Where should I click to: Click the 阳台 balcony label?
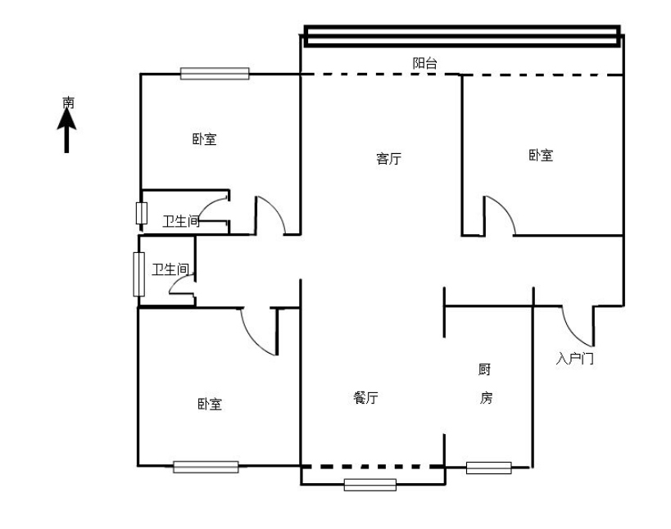424,63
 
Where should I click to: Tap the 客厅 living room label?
388,159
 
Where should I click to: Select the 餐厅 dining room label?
366,398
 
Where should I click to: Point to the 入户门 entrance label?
574,358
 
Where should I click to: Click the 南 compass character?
68,102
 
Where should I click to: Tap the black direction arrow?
66,130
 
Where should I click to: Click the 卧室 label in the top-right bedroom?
541,156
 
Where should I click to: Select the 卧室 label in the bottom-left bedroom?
210,405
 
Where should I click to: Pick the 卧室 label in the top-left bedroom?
204,139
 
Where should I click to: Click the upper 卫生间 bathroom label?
181,221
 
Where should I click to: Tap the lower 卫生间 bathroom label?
170,269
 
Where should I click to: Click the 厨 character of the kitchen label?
484,369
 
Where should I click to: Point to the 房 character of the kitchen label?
486,398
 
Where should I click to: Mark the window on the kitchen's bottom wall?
488,468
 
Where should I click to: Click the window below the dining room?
370,485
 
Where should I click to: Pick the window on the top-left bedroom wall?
215,74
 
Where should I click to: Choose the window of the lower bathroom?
138,274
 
